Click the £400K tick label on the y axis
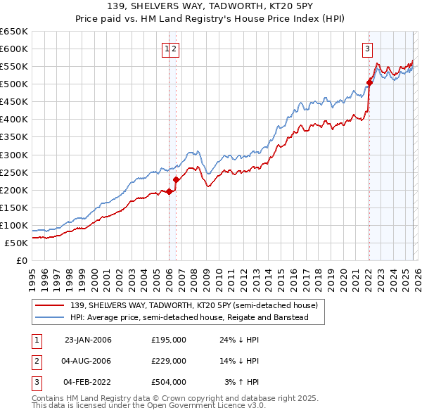[14, 119]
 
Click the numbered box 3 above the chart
[367, 49]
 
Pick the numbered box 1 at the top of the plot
[167, 49]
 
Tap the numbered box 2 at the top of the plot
[174, 49]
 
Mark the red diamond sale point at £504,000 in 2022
[369, 82]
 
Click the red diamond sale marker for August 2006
[176, 179]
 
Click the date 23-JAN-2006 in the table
[87, 340]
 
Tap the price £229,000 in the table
[168, 361]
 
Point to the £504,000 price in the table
[168, 382]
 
